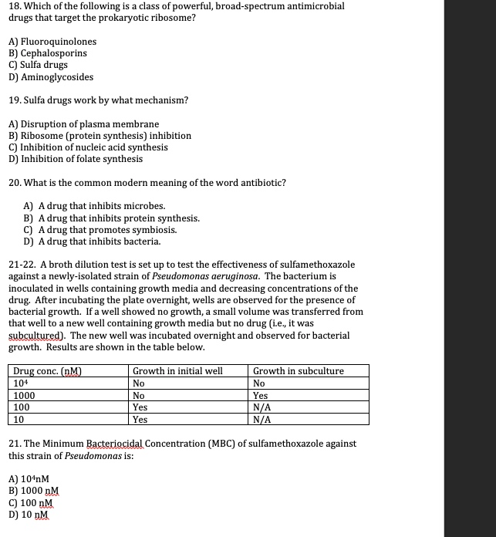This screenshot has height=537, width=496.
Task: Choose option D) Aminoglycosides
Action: point(51,77)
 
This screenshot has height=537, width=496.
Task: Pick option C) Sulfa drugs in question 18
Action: point(38,65)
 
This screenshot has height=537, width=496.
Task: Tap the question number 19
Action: point(14,100)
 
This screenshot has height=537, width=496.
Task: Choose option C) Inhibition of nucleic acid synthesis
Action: point(87,147)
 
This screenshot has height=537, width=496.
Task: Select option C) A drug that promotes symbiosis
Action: point(100,230)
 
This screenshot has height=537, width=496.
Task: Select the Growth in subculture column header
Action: point(299,371)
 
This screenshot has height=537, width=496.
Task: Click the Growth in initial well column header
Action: point(177,371)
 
